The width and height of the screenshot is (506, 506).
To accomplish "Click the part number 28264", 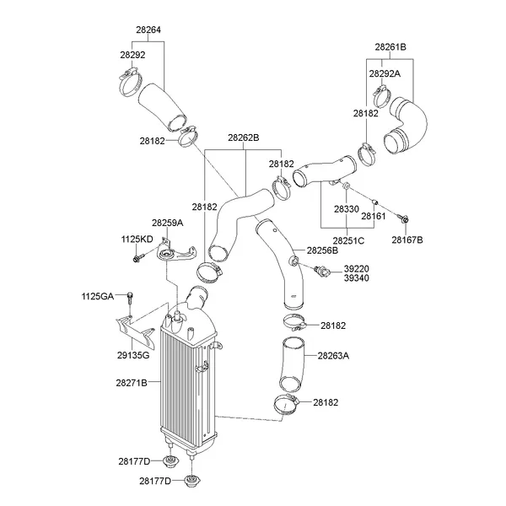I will pyautogui.click(x=148, y=31).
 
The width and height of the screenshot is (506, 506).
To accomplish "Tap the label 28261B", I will pyautogui.click(x=390, y=46).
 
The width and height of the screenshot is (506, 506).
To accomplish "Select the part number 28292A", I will pyautogui.click(x=385, y=73).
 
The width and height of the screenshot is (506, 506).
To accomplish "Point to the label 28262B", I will pyautogui.click(x=243, y=137).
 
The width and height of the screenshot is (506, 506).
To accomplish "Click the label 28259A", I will pyautogui.click(x=167, y=223).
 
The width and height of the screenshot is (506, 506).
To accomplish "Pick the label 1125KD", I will pyautogui.click(x=137, y=240).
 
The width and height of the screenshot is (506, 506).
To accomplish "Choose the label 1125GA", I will pyautogui.click(x=97, y=296).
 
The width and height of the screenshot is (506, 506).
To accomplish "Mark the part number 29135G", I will pyautogui.click(x=133, y=355).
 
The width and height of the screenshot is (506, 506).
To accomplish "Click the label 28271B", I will pyautogui.click(x=132, y=382).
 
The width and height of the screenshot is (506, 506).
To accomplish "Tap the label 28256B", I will pyautogui.click(x=322, y=250).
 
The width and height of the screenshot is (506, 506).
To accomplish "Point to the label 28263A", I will pyautogui.click(x=333, y=355).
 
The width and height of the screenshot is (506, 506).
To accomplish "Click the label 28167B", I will pyautogui.click(x=407, y=240).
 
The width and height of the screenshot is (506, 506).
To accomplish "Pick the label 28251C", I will pyautogui.click(x=348, y=240).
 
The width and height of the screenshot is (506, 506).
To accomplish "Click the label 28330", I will pyautogui.click(x=346, y=207).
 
